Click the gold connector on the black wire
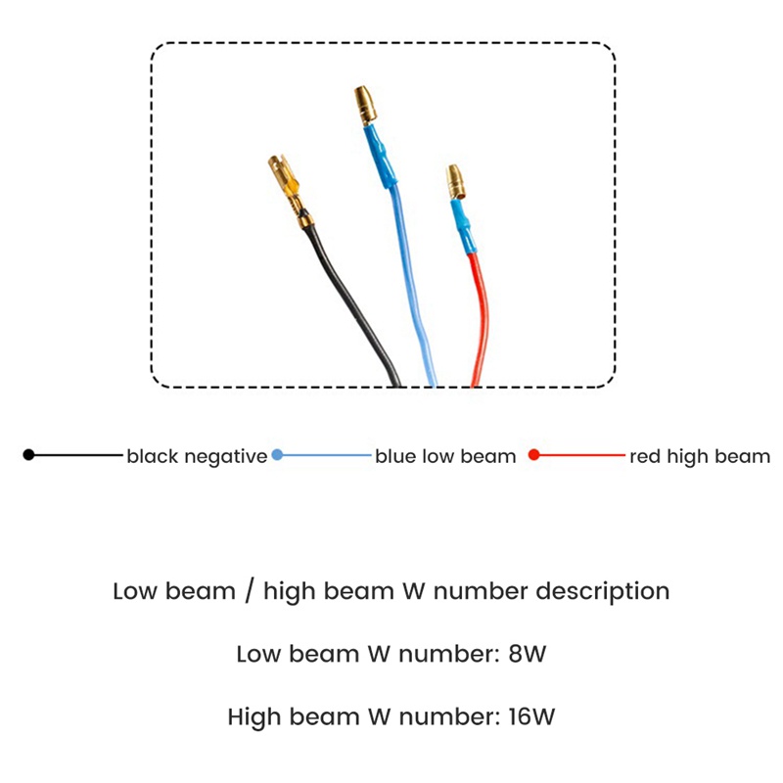coord(290,190)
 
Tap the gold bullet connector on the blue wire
coord(365,105)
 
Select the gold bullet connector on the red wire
coord(455,182)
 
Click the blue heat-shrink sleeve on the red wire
coord(462,226)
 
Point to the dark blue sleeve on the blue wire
coord(381,156)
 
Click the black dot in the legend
coord(29,455)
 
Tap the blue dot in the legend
coord(277,455)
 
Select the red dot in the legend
coord(533,455)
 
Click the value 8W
coord(528,654)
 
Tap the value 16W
coord(531,716)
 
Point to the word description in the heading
coord(603,592)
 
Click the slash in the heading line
coord(250,591)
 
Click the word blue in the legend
coord(396,456)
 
